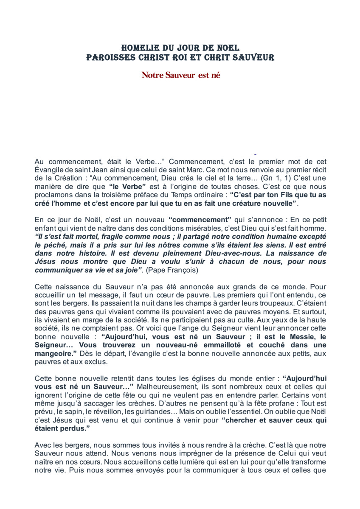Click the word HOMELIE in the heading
pyautogui.click(x=138, y=48)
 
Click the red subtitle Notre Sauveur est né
pyautogui.click(x=180, y=76)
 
